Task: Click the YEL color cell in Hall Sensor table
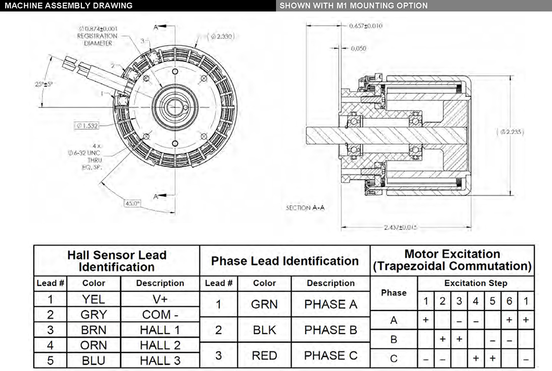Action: (x=93, y=299)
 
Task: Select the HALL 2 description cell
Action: (x=160, y=345)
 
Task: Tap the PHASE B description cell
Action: (x=331, y=330)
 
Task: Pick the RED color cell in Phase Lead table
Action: (x=264, y=355)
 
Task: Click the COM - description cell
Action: (x=160, y=315)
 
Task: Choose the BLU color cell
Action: (x=93, y=361)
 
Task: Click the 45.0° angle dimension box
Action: (x=132, y=204)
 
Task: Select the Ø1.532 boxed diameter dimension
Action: (x=87, y=125)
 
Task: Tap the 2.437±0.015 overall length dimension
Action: (x=401, y=228)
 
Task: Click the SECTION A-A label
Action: (x=305, y=208)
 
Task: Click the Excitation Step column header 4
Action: (x=475, y=301)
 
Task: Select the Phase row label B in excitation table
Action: (x=393, y=340)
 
